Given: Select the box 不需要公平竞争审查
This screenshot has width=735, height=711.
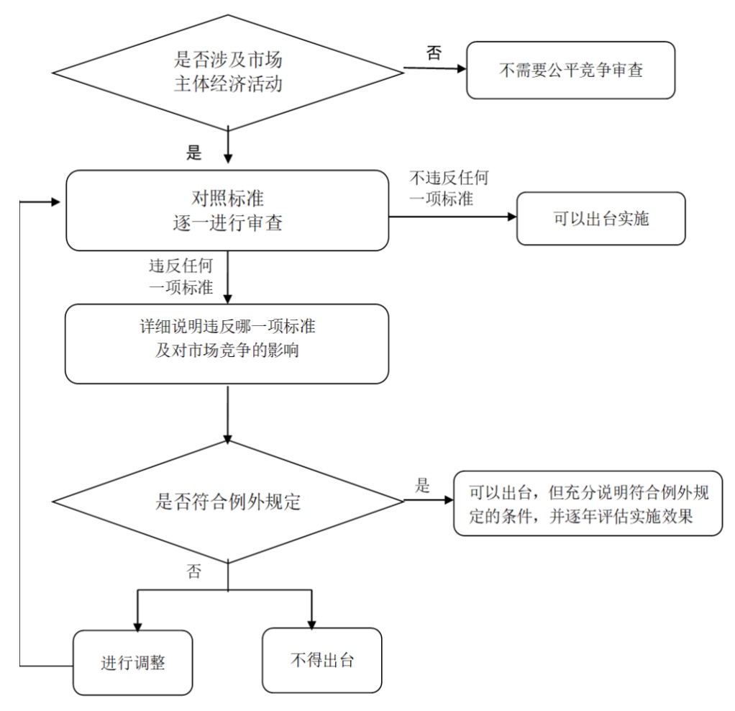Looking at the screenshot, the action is click(570, 70).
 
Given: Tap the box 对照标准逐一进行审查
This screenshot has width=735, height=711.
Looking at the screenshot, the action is click(227, 210).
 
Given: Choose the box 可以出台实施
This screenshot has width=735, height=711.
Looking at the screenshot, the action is click(601, 218).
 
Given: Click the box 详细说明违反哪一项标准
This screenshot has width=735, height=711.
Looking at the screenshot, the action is click(227, 344).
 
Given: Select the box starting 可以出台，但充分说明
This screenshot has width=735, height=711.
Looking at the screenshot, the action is click(588, 503).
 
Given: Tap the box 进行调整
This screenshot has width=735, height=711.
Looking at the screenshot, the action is click(132, 662).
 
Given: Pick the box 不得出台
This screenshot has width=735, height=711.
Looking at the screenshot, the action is click(322, 660).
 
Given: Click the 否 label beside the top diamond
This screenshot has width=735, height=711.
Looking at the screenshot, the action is click(434, 53).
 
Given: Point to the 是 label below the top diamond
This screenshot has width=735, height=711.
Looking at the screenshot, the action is click(193, 153).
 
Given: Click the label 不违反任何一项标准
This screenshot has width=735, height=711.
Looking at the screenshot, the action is click(449, 188).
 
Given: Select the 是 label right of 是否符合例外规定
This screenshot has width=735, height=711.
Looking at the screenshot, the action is click(422, 486).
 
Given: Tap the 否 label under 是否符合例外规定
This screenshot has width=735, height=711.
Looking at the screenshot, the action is click(193, 571).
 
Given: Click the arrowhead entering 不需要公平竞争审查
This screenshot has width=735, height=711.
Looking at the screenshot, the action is click(462, 68).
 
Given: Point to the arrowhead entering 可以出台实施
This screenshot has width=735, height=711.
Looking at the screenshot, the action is click(512, 217).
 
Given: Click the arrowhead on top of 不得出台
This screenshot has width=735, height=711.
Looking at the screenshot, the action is click(311, 624).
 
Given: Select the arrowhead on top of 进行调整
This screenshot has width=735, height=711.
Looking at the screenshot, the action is click(137, 626).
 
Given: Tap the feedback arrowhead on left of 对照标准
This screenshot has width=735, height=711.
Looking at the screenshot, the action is click(56, 202).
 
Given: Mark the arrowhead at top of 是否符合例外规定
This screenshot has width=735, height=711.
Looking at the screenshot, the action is click(228, 438).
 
